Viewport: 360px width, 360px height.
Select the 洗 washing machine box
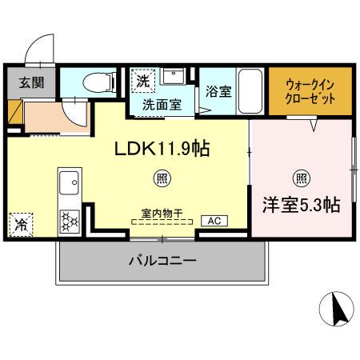[x=142, y=81]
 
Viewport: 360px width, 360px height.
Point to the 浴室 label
[x=218, y=91]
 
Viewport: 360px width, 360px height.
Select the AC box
[x=214, y=221]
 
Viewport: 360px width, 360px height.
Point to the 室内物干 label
[x=162, y=213]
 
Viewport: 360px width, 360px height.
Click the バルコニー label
[x=162, y=260]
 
